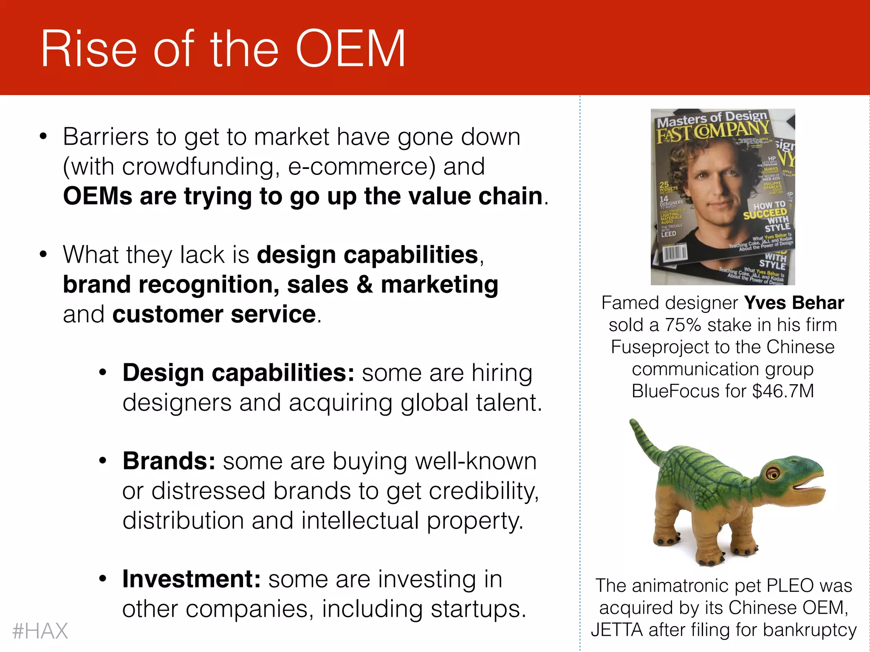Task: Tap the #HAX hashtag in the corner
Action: [x=40, y=631]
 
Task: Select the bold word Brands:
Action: [x=169, y=461]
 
